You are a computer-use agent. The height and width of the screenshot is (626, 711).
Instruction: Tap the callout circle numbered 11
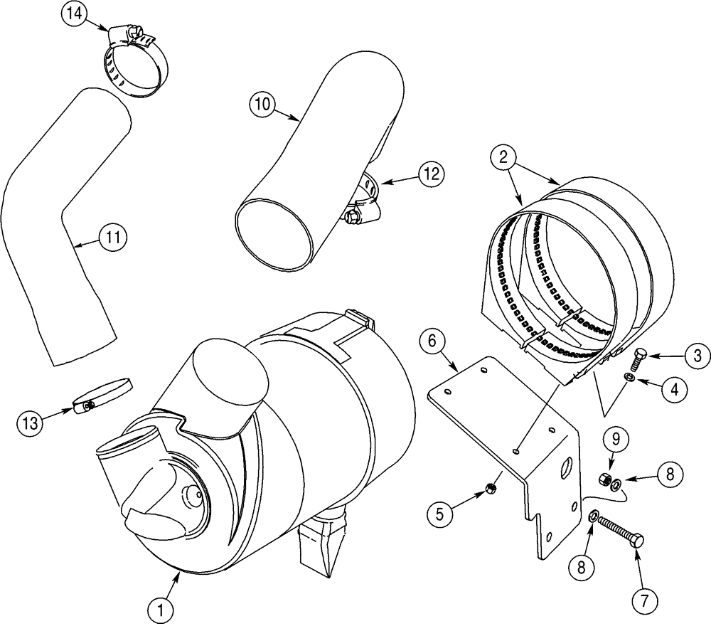tap(113, 237)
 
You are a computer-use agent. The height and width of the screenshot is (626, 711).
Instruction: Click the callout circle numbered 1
tap(161, 609)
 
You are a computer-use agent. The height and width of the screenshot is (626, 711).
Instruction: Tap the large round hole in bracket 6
tap(567, 469)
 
